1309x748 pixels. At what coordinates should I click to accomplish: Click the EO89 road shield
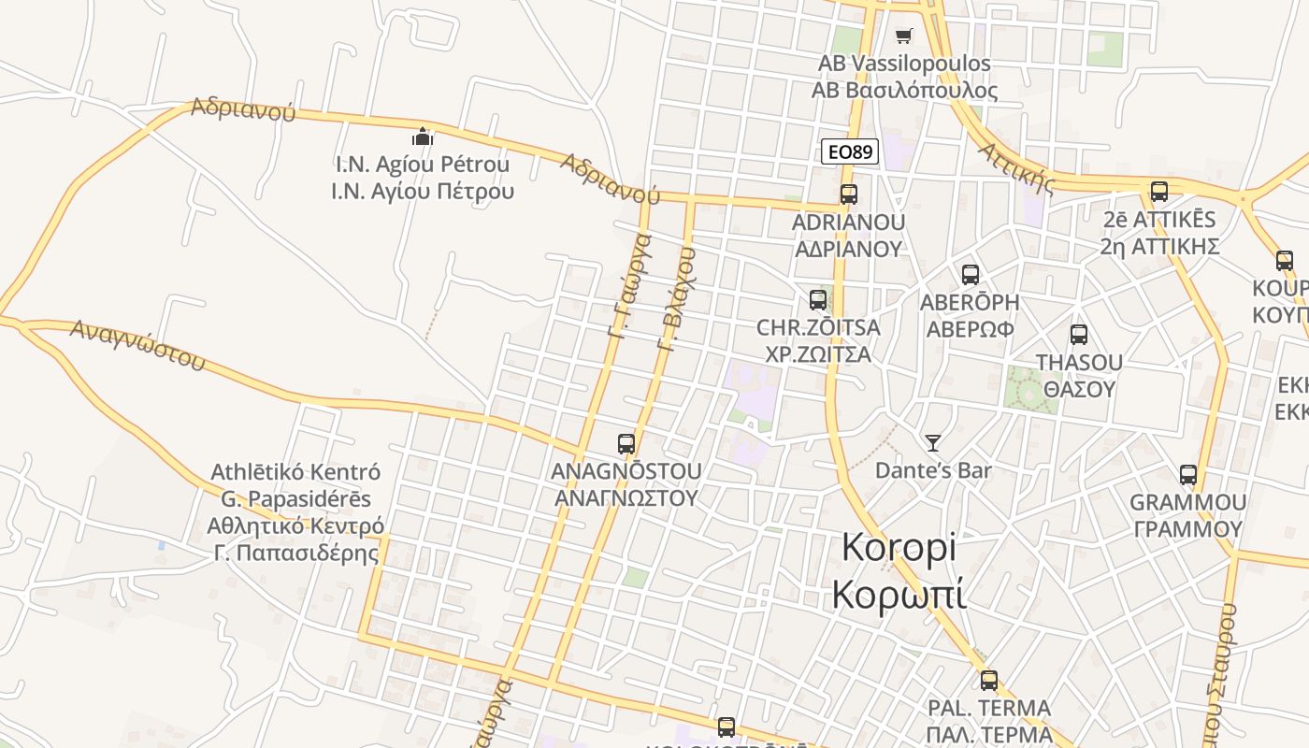pos(850,151)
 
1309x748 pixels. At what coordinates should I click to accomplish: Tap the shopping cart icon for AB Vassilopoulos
pos(903,36)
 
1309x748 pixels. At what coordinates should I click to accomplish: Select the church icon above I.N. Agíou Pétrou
pos(423,137)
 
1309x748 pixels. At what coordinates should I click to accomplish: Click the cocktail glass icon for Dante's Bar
pos(932,442)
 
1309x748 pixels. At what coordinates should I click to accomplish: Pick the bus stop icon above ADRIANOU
pos(848,194)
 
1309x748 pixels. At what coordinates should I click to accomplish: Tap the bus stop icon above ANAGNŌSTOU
pos(626,443)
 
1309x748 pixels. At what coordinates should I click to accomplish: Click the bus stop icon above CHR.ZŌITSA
pos(818,300)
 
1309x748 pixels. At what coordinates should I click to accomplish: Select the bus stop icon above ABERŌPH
pos(971,275)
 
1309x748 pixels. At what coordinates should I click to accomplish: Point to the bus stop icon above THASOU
pos(1079,334)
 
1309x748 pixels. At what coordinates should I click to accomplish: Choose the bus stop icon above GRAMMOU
pos(1187,475)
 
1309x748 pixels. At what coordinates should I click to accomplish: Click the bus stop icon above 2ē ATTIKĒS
pos(1159,192)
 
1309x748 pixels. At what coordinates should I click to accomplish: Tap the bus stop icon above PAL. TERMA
pos(989,680)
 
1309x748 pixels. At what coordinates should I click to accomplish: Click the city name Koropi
pos(899,547)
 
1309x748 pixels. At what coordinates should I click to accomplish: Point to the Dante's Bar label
pos(932,469)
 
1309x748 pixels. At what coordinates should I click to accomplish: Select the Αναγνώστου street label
pos(137,344)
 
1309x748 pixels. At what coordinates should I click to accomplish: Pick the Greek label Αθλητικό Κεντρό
pos(295,525)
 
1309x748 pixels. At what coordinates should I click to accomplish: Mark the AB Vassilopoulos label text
pos(904,64)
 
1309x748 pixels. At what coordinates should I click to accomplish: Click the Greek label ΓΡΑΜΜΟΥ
pos(1187,529)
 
